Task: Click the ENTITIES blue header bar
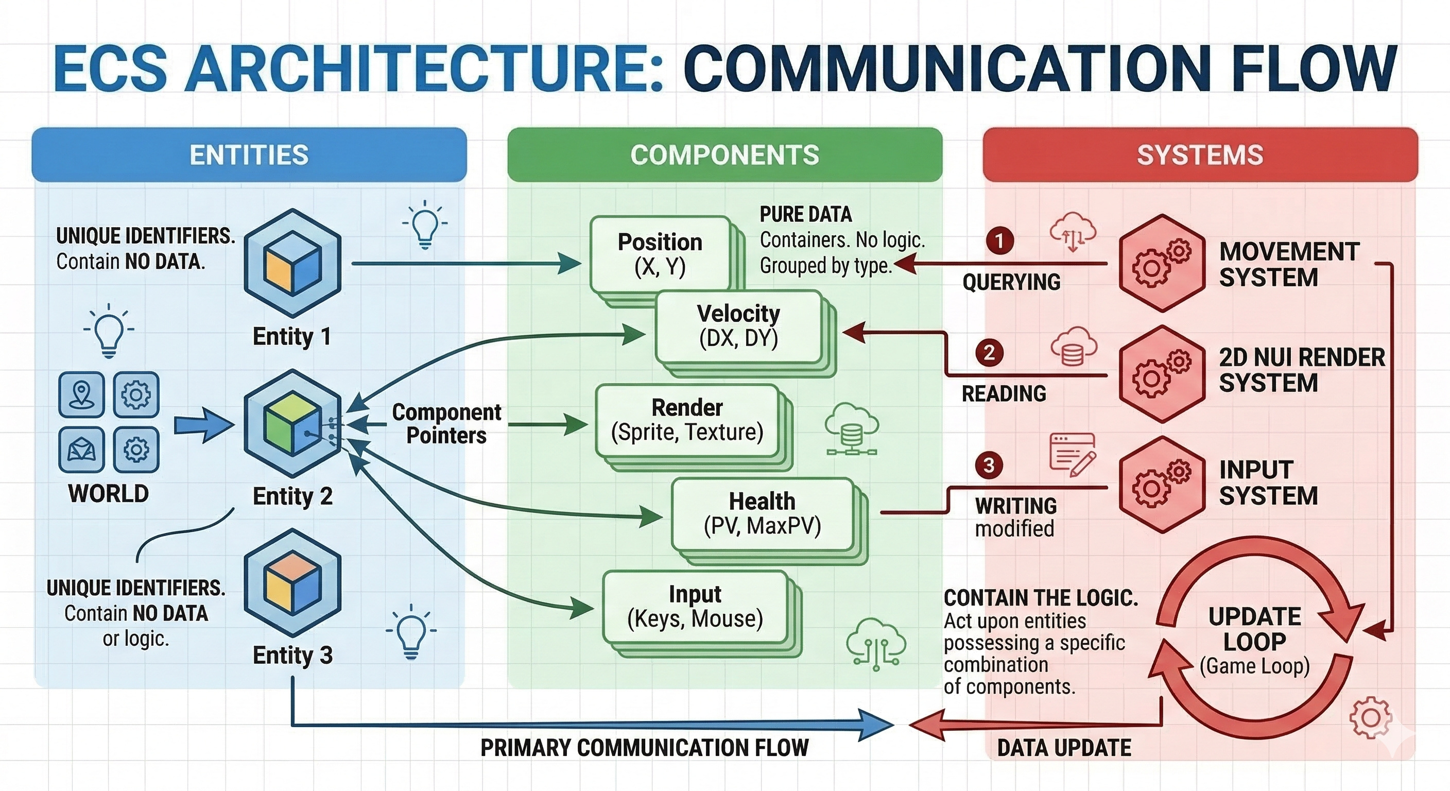click(249, 155)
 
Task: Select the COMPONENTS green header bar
click(724, 155)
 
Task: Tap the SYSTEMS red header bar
click(1200, 155)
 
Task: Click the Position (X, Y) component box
click(660, 254)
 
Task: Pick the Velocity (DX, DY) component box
click(738, 326)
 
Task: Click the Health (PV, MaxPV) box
click(762, 513)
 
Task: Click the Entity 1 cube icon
click(292, 262)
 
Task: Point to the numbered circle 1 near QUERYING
click(999, 241)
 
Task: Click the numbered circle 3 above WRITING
click(989, 465)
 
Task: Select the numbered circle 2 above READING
click(989, 353)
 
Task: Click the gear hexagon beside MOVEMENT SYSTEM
click(1161, 263)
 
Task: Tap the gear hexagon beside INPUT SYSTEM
click(1161, 484)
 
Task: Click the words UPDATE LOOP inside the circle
click(1255, 629)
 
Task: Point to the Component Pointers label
click(446, 423)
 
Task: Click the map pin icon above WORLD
click(82, 394)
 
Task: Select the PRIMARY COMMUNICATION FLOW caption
click(644, 748)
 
